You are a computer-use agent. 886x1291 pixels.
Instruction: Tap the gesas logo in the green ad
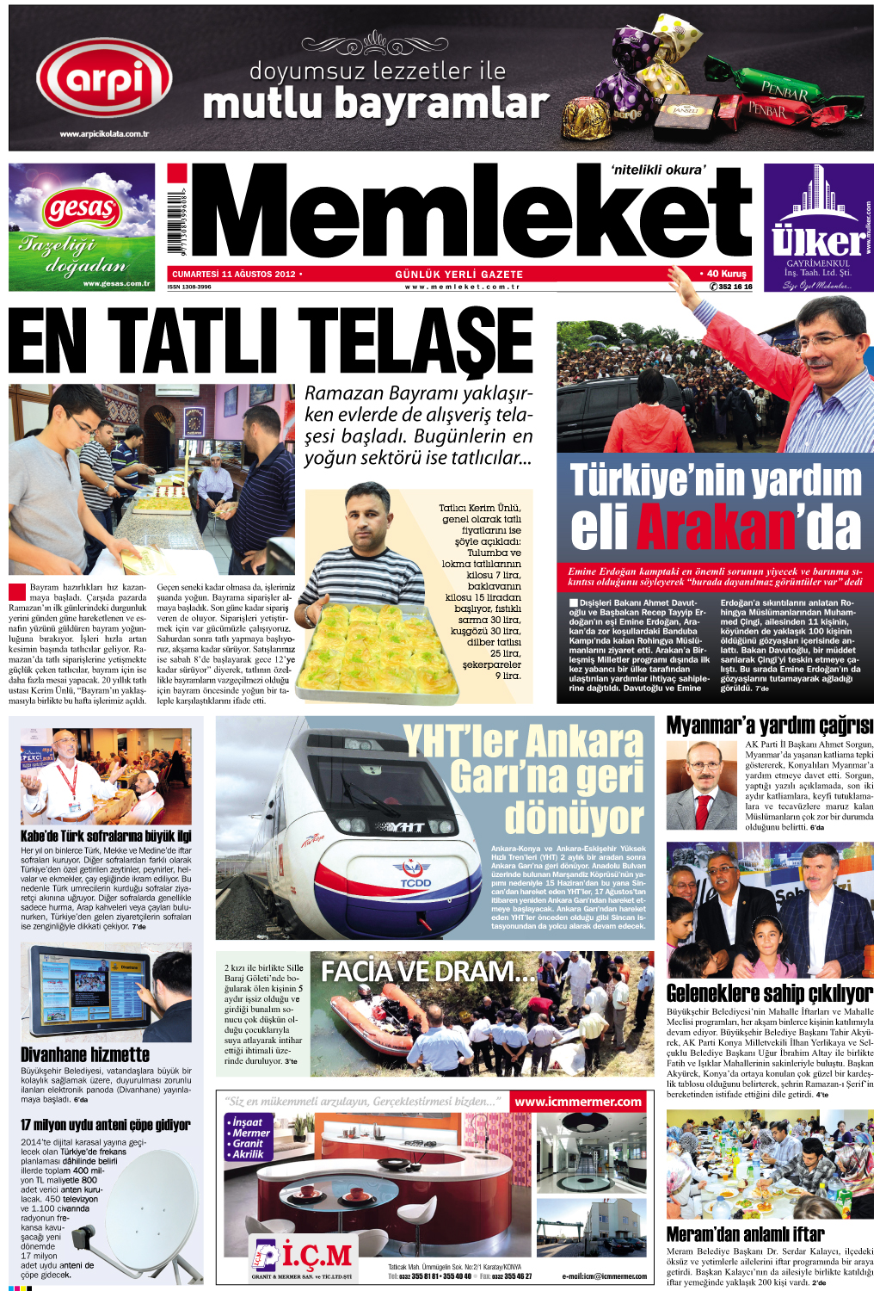coord(83,208)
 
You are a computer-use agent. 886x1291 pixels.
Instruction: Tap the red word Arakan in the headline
coord(715,527)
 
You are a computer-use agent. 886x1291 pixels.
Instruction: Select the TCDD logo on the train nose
coord(415,875)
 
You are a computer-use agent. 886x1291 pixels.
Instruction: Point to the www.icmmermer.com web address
coord(578,1102)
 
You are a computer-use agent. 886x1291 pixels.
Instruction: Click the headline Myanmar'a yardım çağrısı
coord(769,726)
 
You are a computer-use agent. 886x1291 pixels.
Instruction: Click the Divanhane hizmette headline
coord(85,1054)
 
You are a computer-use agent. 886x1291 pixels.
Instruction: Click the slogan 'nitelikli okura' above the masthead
coord(657,170)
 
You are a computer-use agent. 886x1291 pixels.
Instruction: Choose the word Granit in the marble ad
coord(248,1144)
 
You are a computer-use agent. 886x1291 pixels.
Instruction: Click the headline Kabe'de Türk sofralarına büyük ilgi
coord(106,836)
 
